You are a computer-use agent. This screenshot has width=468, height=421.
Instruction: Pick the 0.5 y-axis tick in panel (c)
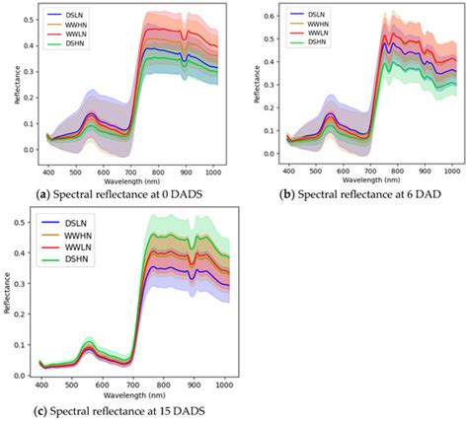pos(23,223)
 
